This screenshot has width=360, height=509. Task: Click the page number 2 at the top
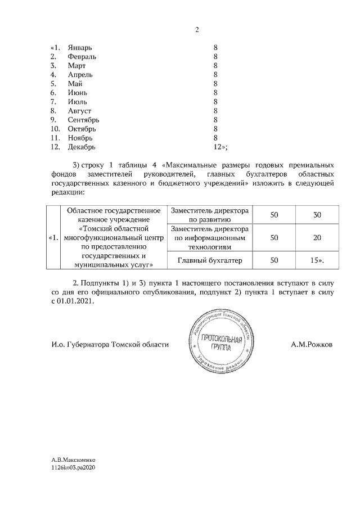pyautogui.click(x=197, y=30)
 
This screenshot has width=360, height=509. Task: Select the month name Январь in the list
pyautogui.click(x=80, y=47)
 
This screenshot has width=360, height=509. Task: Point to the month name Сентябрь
pyautogui.click(x=83, y=120)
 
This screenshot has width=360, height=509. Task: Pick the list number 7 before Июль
pyautogui.click(x=53, y=102)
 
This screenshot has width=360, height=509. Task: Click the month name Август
pyautogui.click(x=79, y=111)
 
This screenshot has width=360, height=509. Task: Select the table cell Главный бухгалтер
pyautogui.click(x=209, y=260)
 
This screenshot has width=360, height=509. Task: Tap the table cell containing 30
pyautogui.click(x=317, y=215)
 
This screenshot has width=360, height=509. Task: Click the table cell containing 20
pyautogui.click(x=317, y=238)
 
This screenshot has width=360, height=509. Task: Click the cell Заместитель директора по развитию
pyautogui.click(x=209, y=215)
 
